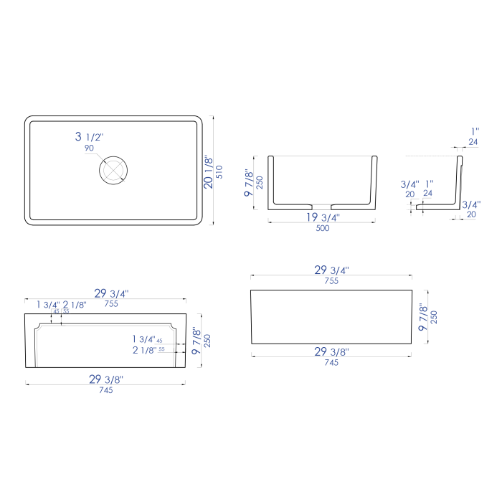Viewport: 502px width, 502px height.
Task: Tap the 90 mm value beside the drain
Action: point(89,148)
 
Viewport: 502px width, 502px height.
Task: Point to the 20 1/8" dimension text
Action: point(209,172)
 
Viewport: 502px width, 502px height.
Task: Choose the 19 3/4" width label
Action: point(322,217)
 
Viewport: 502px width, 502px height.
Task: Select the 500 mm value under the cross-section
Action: point(322,229)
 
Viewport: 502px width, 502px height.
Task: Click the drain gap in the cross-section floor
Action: point(322,208)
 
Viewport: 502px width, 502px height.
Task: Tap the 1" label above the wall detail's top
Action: point(474,131)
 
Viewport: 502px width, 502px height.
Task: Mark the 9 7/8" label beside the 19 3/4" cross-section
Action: point(249,183)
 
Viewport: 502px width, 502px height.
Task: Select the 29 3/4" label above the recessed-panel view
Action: point(111,293)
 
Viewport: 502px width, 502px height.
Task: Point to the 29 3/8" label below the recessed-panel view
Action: point(105,379)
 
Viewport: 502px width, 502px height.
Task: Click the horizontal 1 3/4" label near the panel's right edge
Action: point(143,339)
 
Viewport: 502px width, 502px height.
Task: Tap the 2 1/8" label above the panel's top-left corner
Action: point(75,305)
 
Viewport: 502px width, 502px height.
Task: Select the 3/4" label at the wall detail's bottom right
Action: point(470,204)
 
